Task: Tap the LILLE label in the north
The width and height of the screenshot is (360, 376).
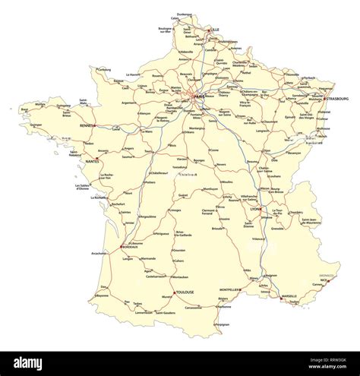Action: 216,30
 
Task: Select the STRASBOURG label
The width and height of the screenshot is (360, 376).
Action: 335,98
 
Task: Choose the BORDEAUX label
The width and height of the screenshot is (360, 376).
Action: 131,248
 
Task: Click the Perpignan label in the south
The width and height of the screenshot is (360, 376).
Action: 221,324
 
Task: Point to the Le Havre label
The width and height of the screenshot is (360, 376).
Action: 135,75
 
